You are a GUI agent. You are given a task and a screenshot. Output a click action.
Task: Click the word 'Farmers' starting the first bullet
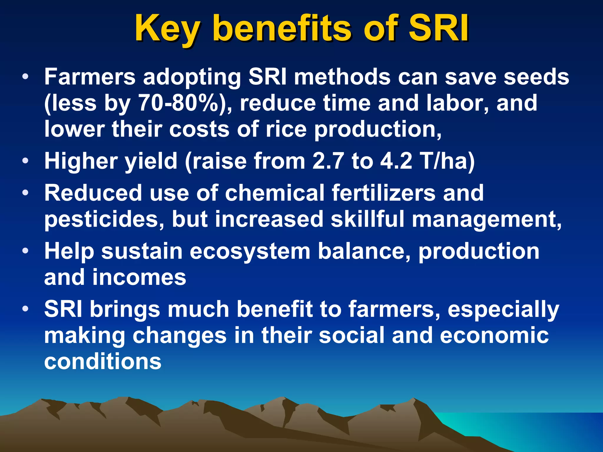[90, 77]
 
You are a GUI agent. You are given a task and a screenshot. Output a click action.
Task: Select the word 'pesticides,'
[104, 220]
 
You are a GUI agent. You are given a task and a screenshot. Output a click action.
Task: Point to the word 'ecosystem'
[250, 252]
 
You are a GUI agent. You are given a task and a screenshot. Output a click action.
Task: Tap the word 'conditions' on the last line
[103, 362]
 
